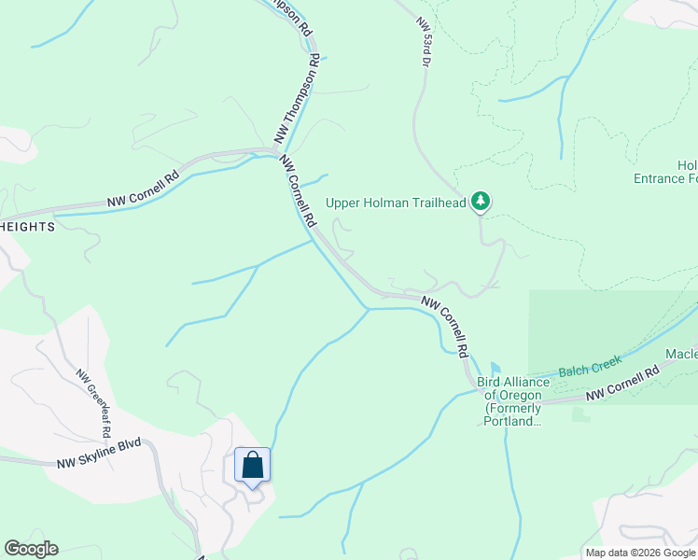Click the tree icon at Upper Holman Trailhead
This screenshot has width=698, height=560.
[481, 201]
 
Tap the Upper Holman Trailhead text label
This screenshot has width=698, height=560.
[395, 202]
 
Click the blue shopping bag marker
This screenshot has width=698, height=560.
[253, 465]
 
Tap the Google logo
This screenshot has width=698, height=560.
[31, 549]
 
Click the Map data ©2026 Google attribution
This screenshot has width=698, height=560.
[639, 553]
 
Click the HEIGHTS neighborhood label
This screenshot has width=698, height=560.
[27, 227]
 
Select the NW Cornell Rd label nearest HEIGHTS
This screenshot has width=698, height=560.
[142, 189]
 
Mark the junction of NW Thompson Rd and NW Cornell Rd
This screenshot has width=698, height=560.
[278, 150]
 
